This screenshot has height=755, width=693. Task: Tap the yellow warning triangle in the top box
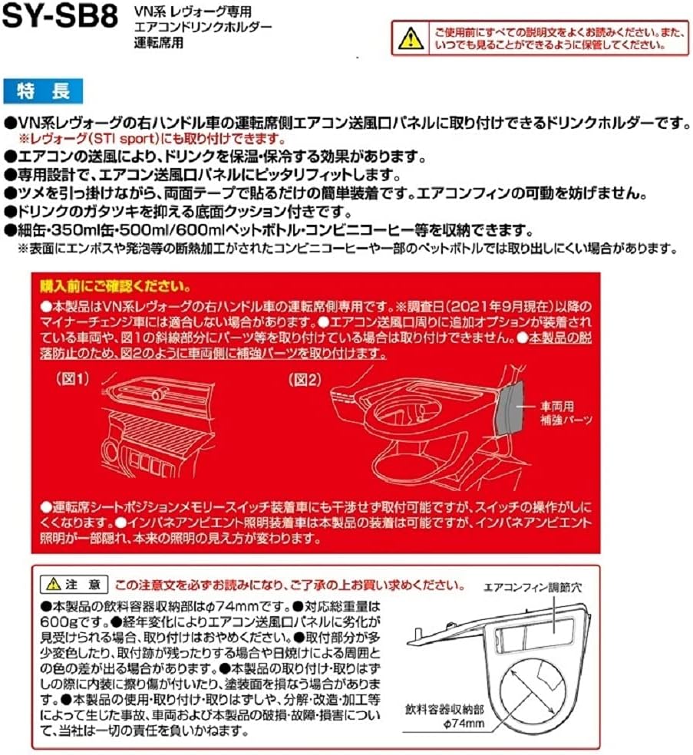(x=412, y=35)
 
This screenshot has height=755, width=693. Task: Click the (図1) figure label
(x=73, y=378)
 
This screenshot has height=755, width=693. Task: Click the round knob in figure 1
(x=159, y=396)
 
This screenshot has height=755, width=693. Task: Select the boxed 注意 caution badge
(x=74, y=583)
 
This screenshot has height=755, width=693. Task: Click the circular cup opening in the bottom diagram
(x=529, y=683)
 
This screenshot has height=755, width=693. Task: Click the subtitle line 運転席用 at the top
(x=157, y=42)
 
